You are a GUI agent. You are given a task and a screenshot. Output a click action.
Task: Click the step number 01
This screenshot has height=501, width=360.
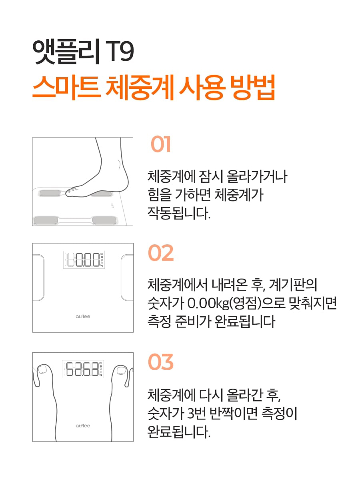pyautogui.click(x=161, y=144)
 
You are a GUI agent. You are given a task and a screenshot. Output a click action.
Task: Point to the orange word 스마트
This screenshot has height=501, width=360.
pyautogui.click(x=66, y=88)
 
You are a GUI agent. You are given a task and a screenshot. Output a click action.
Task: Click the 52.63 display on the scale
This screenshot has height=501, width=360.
pyautogui.click(x=82, y=369)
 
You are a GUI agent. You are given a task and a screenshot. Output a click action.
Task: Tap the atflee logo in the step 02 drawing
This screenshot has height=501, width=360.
pyautogui.click(x=83, y=317)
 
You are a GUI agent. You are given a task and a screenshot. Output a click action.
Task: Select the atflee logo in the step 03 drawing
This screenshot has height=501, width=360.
pyautogui.click(x=83, y=425)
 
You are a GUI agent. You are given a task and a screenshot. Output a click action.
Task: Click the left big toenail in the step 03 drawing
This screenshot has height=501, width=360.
pyautogui.click(x=42, y=369)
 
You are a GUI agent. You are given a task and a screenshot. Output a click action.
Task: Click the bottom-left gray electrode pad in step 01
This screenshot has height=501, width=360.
pyautogui.click(x=46, y=220)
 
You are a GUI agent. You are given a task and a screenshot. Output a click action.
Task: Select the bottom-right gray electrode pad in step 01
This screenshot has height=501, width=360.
pyautogui.click(x=104, y=220)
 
